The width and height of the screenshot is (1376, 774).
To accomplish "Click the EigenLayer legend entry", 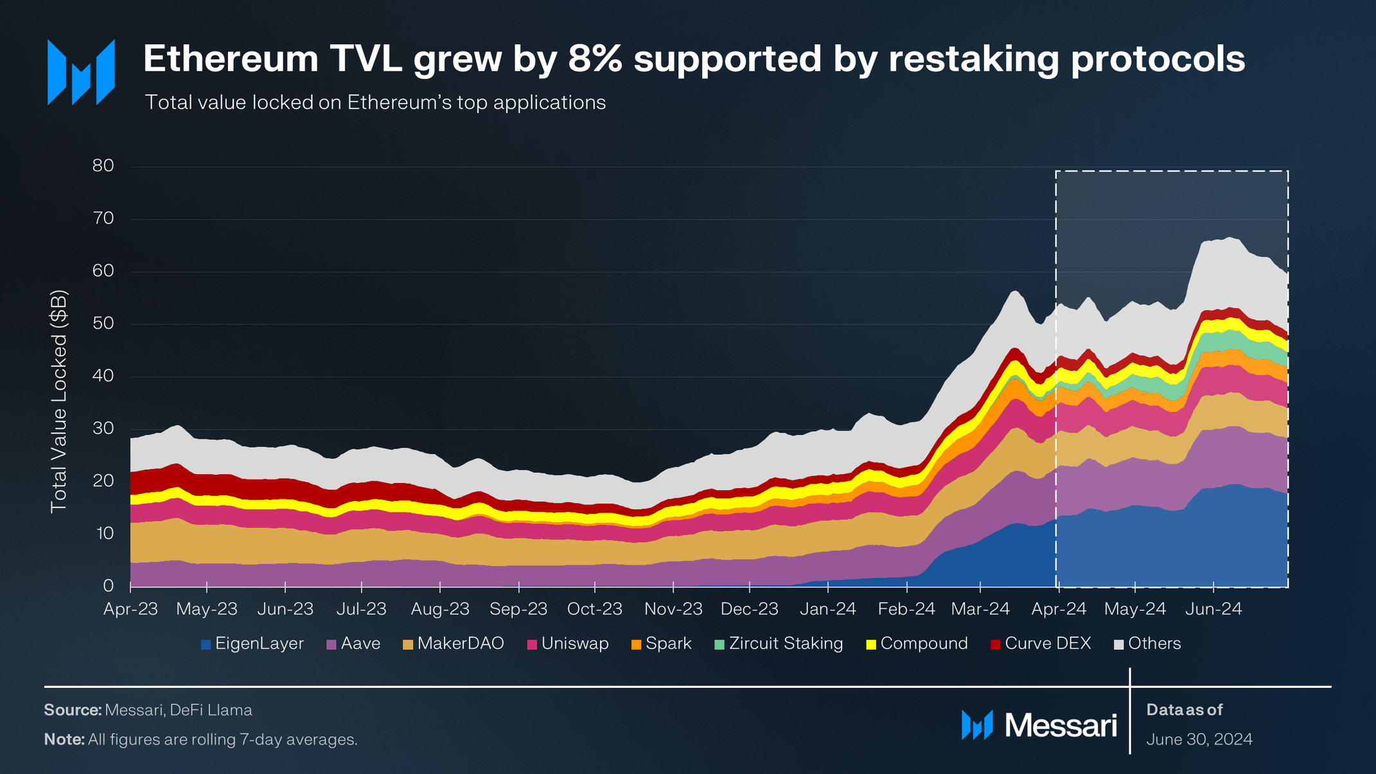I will point(252,644).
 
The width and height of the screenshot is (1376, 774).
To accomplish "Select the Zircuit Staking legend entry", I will point(779,644).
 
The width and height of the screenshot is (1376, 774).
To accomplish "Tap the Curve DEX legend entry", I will point(1041,644).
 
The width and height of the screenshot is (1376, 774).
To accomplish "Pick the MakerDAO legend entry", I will point(454,644).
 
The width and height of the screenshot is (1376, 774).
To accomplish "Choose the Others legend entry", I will point(1147,644).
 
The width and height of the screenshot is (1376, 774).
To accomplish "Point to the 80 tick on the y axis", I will point(103,166).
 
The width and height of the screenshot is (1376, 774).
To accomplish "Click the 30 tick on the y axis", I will point(103,428).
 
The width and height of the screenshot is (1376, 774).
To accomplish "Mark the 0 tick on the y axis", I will point(108,586).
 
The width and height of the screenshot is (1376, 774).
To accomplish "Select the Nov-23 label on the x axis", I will point(673,609).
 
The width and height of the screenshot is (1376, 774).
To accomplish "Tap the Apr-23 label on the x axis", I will point(131,609).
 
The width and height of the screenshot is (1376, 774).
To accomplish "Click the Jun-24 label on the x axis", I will point(1213,609).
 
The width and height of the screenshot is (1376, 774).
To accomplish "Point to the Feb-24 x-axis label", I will point(906,609).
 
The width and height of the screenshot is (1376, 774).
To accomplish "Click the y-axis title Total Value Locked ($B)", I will point(58,402).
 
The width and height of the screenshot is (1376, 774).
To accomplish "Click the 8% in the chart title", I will point(597,59).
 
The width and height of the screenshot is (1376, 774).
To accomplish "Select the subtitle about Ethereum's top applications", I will point(375,103).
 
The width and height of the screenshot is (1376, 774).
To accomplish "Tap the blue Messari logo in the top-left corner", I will point(81,72).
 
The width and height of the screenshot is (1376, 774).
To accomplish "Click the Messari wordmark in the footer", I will point(1060,725).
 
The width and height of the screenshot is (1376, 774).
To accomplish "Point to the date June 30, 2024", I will point(1199,739).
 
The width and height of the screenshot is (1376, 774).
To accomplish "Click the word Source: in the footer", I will point(73,710).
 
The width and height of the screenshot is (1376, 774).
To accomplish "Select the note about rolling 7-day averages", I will point(200,739).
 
